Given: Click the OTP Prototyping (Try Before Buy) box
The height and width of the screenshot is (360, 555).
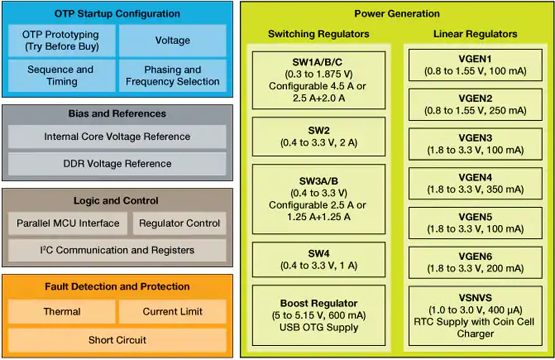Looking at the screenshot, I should click(61, 40).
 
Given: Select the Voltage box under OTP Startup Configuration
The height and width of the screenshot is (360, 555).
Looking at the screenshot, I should click(173, 40).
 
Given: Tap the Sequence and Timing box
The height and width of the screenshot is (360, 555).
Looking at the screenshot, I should click(61, 75).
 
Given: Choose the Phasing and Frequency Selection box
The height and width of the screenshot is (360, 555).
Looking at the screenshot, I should click(173, 75).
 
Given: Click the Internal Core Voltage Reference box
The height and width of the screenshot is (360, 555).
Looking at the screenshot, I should click(117, 137).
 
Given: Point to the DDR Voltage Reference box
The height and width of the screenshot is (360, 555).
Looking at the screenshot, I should click(117, 164).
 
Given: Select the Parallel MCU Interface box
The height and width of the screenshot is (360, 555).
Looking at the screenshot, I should click(68, 224).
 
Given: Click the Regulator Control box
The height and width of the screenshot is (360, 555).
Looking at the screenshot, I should click(179, 224).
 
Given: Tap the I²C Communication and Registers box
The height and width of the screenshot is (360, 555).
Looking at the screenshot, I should click(117, 250).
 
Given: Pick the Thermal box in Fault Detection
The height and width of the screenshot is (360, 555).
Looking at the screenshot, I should click(62, 312).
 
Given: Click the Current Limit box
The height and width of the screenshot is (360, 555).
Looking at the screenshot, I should click(173, 312).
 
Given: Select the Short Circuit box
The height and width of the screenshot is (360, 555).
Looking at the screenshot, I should click(117, 340).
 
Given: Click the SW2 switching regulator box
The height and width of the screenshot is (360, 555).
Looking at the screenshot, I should click(319, 137).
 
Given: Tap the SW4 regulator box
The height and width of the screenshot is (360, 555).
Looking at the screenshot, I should click(319, 259).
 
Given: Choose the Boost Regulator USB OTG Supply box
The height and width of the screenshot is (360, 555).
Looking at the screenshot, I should click(319, 315).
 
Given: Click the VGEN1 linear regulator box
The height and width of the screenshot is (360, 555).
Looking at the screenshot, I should click(475, 65).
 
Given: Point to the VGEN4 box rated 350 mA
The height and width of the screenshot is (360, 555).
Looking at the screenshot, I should click(475, 183).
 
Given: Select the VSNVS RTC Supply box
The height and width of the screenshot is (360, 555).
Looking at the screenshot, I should click(475, 315).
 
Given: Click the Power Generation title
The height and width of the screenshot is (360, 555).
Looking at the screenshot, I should click(397, 14).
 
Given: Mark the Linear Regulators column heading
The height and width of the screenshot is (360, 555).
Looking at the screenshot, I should click(475, 34).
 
